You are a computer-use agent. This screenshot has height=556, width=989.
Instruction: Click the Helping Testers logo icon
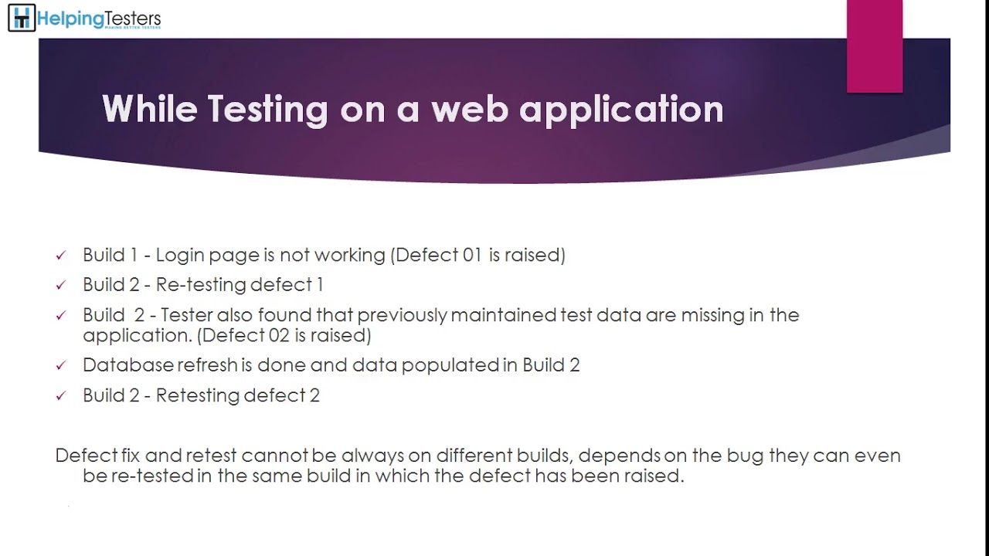tap(21, 18)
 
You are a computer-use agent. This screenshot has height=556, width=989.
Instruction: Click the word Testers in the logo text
tap(132, 19)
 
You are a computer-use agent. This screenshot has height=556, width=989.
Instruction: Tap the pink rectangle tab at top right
tap(875, 46)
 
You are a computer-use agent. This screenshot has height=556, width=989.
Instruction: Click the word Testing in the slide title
tap(268, 109)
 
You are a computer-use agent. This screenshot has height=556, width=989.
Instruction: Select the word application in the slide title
tap(621, 110)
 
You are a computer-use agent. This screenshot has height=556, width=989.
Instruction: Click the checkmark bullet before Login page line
tap(61, 256)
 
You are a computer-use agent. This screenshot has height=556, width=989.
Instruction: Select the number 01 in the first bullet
tap(472, 255)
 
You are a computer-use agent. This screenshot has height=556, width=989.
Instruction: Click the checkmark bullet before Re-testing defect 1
tap(61, 286)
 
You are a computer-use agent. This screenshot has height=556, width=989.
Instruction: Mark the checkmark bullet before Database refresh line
tap(61, 366)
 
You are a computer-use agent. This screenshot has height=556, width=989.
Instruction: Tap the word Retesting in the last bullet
tap(197, 395)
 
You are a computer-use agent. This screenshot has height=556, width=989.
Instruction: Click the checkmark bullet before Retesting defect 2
tap(61, 396)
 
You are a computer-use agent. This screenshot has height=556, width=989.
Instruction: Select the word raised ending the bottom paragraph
tap(658, 476)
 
